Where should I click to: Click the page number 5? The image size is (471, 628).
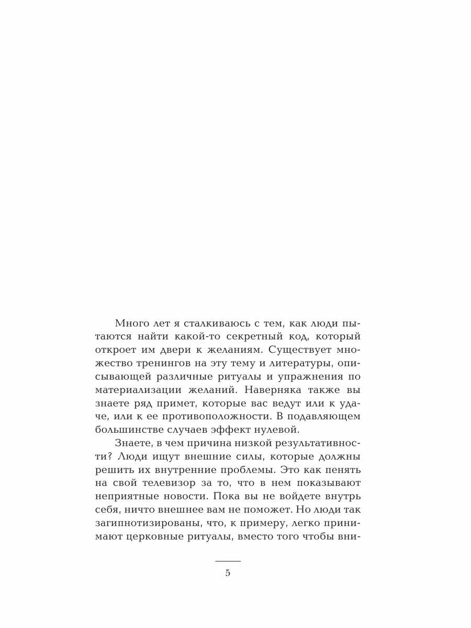click(228, 573)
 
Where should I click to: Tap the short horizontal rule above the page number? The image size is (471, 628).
click(228, 560)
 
